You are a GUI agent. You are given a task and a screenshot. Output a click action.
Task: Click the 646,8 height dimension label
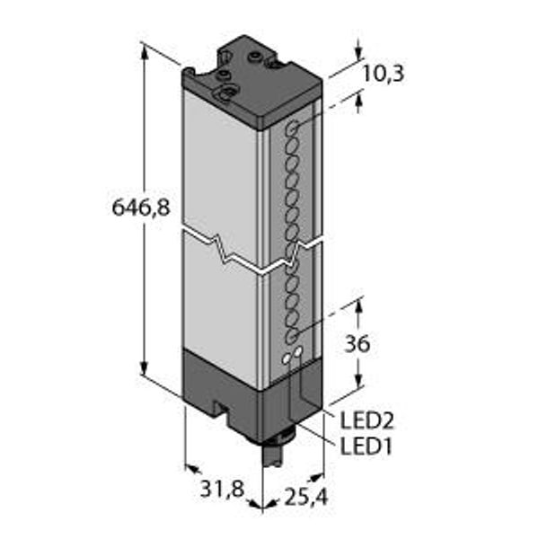(x=141, y=208)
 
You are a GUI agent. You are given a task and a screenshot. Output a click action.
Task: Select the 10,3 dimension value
(x=384, y=74)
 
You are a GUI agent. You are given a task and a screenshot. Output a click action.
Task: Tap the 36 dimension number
(x=358, y=344)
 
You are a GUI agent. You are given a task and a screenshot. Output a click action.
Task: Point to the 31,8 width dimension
(x=222, y=489)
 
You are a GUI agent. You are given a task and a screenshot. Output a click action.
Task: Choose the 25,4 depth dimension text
(x=306, y=497)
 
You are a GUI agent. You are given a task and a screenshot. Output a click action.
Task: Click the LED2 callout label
(x=367, y=420)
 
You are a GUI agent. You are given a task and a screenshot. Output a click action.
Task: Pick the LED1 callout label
(x=366, y=446)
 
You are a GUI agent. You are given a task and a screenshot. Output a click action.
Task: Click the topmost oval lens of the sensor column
(x=293, y=128)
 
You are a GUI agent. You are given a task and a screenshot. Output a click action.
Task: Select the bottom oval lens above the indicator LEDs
(x=293, y=336)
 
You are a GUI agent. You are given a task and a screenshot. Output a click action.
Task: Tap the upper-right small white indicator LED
(x=297, y=351)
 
